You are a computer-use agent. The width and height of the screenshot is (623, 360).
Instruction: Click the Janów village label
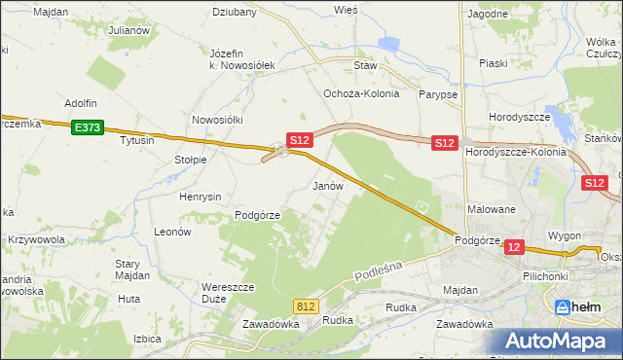coord(327,185)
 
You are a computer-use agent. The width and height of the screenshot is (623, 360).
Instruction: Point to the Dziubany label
coord(235,13)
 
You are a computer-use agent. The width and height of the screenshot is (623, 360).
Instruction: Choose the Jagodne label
coord(488,15)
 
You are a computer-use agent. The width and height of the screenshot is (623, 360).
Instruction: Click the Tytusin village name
coord(137,141)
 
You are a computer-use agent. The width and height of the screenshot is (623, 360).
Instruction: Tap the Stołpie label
coord(191,160)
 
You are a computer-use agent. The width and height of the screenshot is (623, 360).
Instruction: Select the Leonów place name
coord(172,233)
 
